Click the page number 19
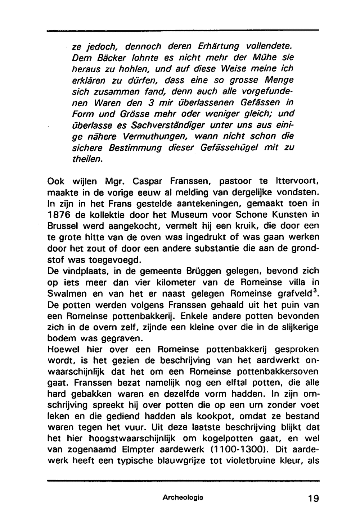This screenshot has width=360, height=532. point(313,499)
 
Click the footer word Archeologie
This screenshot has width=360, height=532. point(183,498)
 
